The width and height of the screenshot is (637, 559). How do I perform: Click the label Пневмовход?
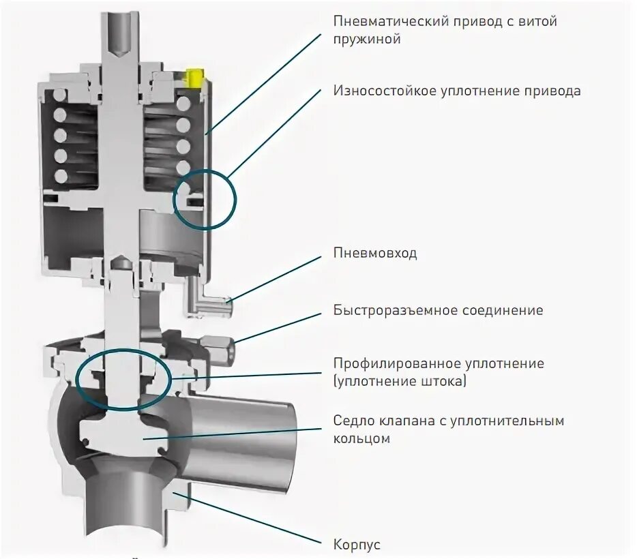pyautogui.click(x=375, y=254)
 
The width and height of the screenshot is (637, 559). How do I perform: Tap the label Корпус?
pyautogui.click(x=357, y=545)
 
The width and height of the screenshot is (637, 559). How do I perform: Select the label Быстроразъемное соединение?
pyautogui.click(x=438, y=310)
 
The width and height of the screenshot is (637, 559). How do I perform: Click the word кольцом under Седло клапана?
pyautogui.click(x=361, y=439)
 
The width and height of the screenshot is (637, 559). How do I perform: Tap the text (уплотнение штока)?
pyautogui.click(x=400, y=382)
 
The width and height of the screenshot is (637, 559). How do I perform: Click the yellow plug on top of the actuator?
pyautogui.click(x=194, y=77)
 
